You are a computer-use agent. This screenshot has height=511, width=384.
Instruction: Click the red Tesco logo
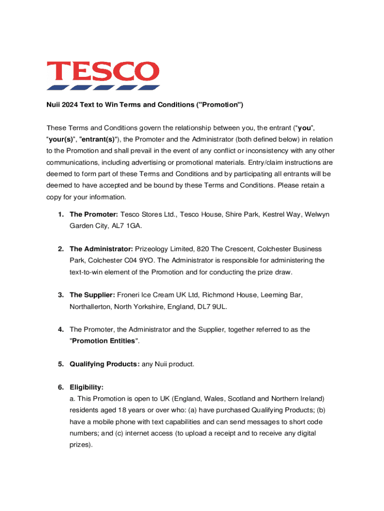point(103,75)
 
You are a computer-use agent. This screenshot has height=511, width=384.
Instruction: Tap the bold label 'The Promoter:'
point(94,214)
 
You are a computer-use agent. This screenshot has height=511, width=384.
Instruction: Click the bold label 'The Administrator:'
point(102,249)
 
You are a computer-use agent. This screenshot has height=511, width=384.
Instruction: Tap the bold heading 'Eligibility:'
point(87,387)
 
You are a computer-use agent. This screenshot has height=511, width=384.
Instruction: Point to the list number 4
point(60,329)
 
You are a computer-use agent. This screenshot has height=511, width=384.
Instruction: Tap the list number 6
point(60,387)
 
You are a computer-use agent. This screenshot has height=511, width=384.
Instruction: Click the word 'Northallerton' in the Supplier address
point(92,306)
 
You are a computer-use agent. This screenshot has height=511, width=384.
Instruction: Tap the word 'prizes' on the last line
point(80,444)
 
